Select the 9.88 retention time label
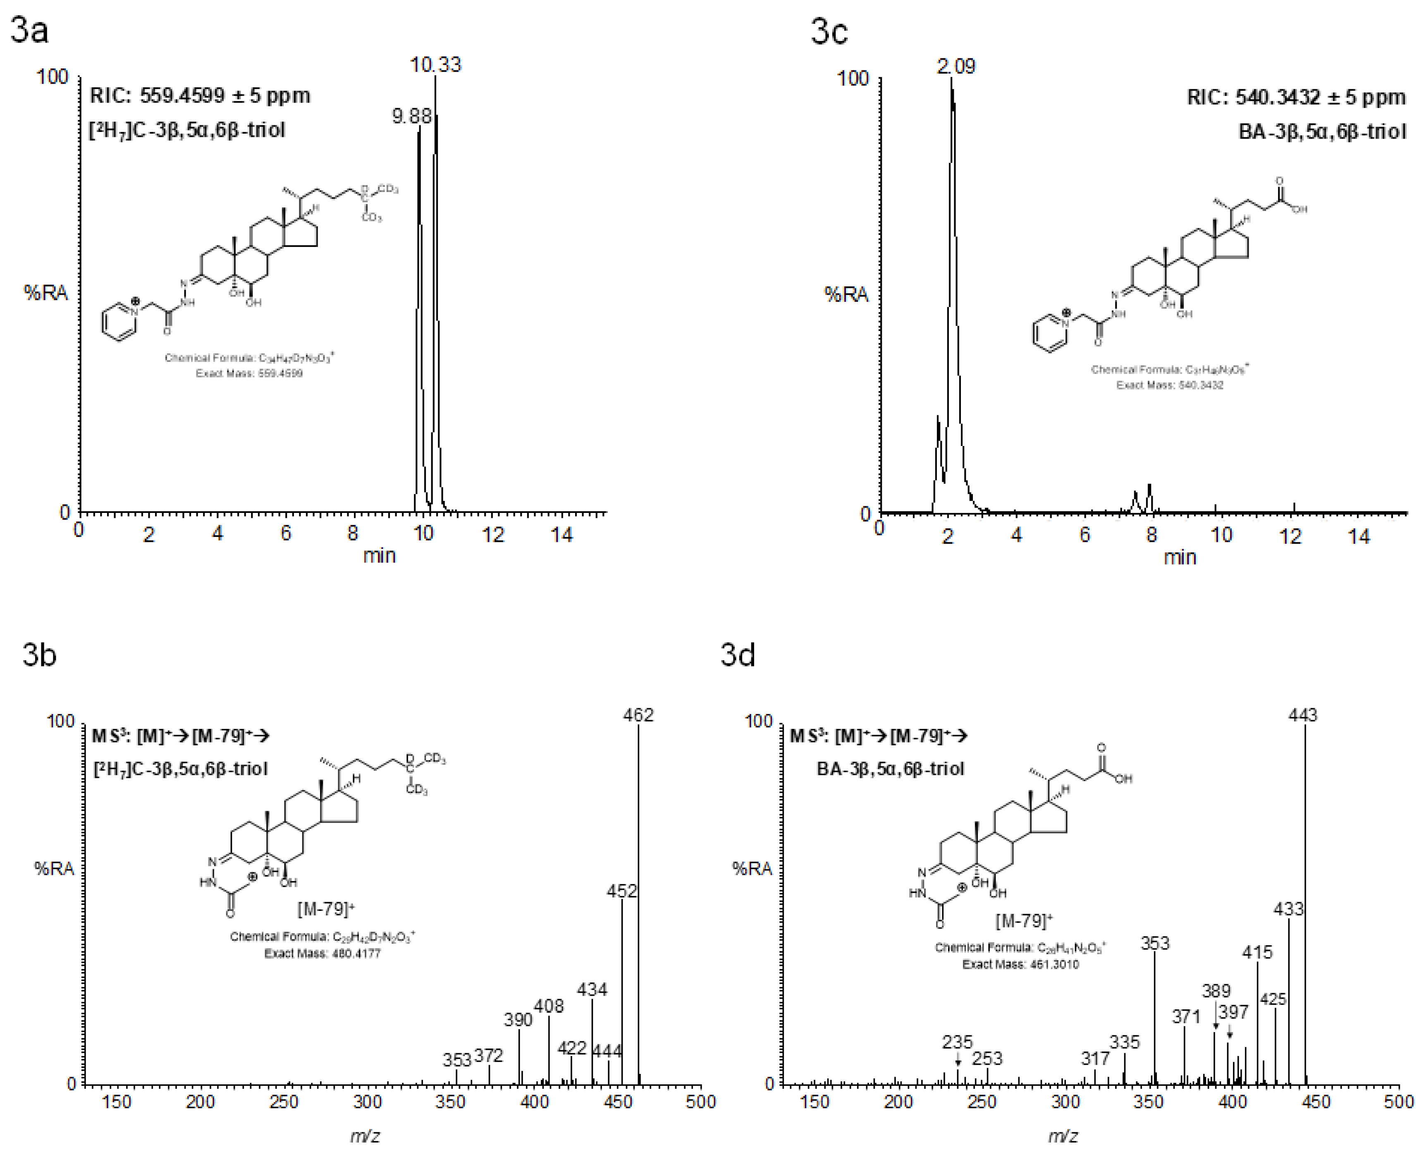(411, 117)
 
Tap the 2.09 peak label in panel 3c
(956, 66)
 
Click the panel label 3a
(30, 31)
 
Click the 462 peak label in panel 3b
(638, 715)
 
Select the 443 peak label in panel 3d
(1302, 715)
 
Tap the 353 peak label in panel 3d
(1155, 943)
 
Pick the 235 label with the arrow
(958, 1042)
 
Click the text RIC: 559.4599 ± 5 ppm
(200, 96)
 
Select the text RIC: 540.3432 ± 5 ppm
(1296, 97)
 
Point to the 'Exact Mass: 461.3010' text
(1020, 965)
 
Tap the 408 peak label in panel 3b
(549, 1006)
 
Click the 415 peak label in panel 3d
(1257, 953)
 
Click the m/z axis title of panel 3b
(365, 1136)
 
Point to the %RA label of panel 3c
(846, 294)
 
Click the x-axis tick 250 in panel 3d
(982, 1102)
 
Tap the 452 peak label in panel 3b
(622, 891)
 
